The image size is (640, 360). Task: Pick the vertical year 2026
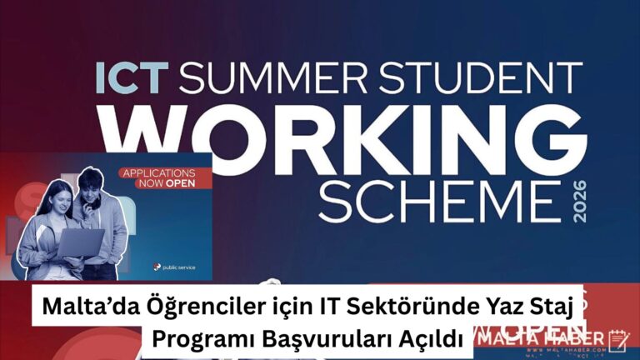[x=581, y=201]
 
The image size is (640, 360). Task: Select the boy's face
[x=92, y=186]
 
